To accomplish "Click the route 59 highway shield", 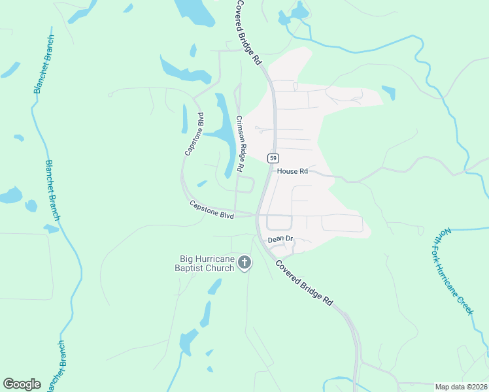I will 273,158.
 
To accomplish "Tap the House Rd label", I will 292,171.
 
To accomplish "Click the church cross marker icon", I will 244,263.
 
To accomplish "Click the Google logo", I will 22,384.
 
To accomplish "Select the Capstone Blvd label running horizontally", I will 212,210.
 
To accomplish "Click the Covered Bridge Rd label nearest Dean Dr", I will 304,283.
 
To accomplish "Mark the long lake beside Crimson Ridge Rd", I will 226,134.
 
